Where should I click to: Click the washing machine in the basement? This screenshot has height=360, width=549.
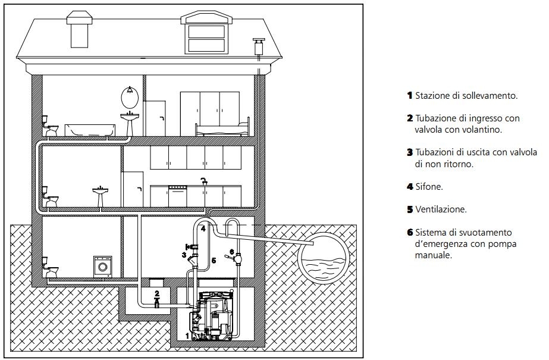[x=103, y=267]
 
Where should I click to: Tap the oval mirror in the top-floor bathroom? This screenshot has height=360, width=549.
[x=130, y=98]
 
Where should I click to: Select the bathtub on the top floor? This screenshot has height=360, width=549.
[x=90, y=130]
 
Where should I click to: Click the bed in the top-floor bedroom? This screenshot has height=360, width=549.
[x=222, y=129]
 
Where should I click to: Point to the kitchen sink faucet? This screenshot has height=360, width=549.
[x=204, y=181]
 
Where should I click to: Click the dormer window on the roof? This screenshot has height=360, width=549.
[x=206, y=33]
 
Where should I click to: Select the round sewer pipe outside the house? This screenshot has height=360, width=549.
[x=323, y=258]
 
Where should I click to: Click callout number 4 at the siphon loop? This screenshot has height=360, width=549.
[x=203, y=229]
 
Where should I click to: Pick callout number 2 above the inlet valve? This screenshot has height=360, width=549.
[x=157, y=293]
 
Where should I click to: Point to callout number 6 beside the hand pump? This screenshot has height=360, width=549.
[x=231, y=252]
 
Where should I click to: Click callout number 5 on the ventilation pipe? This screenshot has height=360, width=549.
[x=214, y=261]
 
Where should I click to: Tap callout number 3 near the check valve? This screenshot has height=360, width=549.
[x=184, y=255]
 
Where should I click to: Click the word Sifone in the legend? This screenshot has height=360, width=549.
[x=429, y=187]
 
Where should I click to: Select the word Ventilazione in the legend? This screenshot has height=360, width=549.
[x=441, y=209]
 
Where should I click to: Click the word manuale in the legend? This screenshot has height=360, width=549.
[x=434, y=255]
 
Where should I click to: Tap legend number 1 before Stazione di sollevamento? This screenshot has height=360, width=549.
[x=410, y=95]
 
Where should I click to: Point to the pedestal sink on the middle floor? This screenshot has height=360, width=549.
[x=101, y=197]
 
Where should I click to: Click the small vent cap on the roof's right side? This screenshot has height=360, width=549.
[x=259, y=46]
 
